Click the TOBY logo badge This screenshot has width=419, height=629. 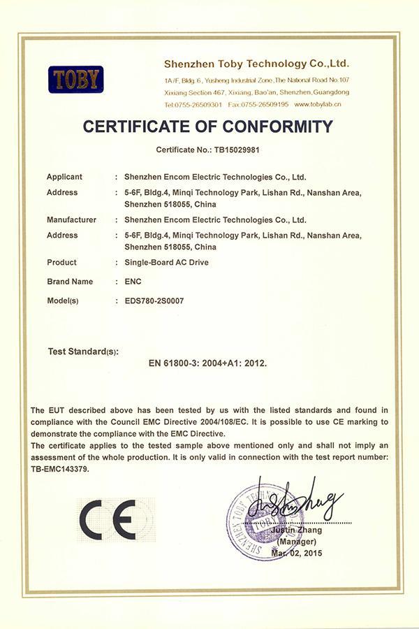76,80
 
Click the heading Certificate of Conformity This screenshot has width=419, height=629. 208,126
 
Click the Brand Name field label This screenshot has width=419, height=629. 69,282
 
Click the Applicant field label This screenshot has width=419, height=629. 64,177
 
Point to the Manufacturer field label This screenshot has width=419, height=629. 71,219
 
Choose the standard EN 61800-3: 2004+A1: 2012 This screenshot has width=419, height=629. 208,363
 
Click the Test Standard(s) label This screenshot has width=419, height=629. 83,350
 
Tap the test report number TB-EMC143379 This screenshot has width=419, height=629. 60,470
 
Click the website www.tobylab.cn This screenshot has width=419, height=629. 318,104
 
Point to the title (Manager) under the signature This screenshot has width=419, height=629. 297,542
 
